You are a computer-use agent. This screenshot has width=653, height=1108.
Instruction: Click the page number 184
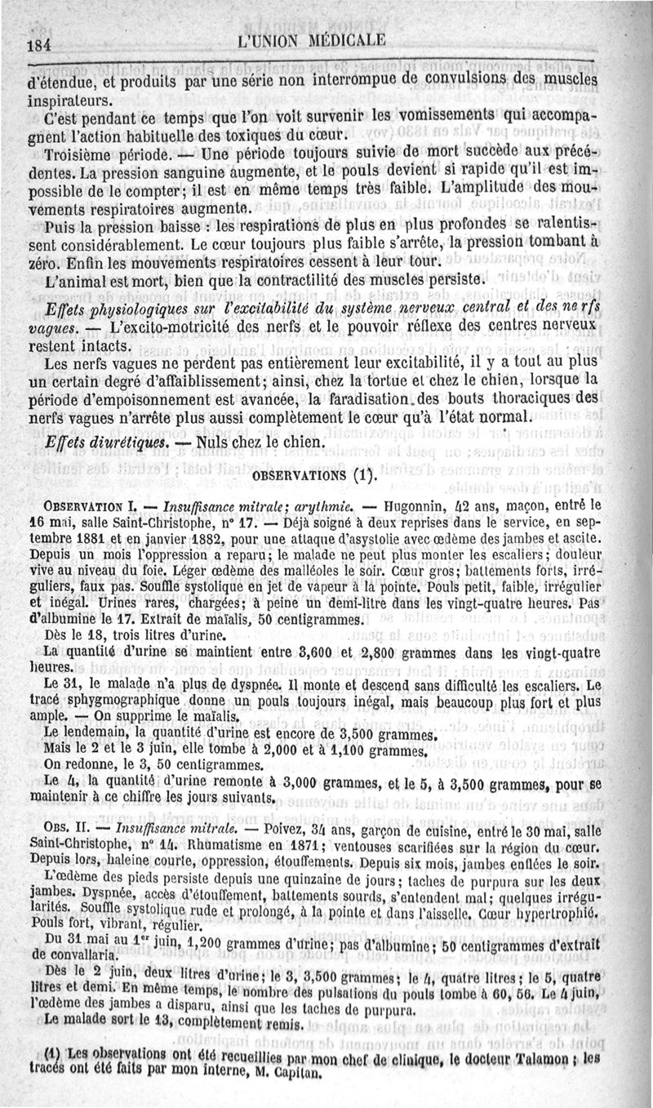coord(38,45)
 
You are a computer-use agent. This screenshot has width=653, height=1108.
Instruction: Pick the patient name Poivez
coord(287,826)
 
